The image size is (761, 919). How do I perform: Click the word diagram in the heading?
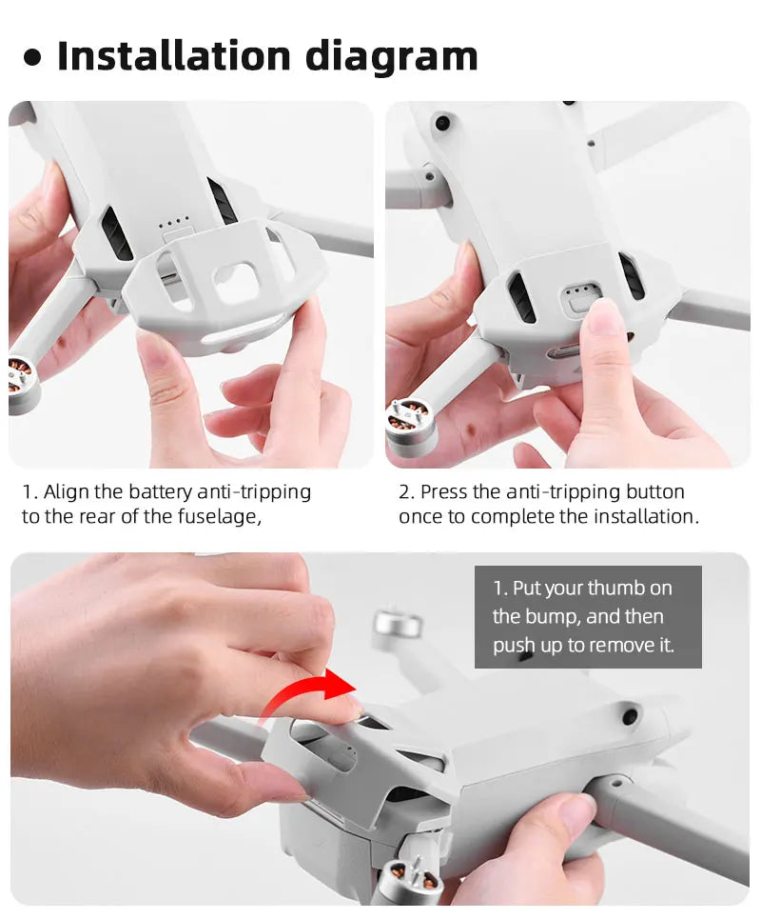pos(392,58)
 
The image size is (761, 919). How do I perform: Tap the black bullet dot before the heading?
pos(33,58)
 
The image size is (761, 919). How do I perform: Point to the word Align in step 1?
pos(68,492)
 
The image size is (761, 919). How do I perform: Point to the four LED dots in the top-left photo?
pos(172,227)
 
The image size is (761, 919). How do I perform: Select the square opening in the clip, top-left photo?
pos(234,282)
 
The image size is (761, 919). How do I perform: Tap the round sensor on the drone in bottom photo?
pos(628,712)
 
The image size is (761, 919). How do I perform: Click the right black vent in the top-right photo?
pos(631,276)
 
